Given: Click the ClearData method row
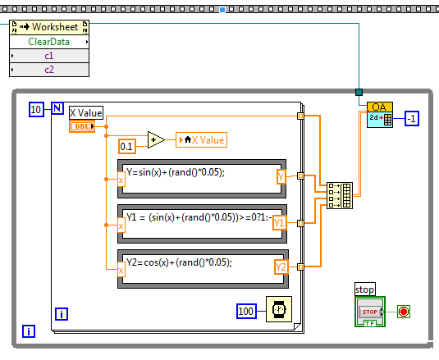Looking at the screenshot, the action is point(49,42).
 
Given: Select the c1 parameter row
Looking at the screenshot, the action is point(49,56).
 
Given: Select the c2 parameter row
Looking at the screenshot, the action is point(49,70).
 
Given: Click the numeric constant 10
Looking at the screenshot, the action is point(36,109).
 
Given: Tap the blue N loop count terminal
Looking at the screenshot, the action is point(57,108).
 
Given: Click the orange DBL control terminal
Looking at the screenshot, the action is point(82,126).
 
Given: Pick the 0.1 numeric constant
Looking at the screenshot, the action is point(127,146).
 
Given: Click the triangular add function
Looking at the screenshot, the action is point(156,139).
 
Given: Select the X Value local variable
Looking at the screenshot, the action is point(201,140).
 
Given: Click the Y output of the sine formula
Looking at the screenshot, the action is point(281,177).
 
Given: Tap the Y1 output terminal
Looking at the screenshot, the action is point(280,223).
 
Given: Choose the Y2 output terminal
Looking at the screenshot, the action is point(281,267).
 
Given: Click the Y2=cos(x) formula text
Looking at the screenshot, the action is point(179,262).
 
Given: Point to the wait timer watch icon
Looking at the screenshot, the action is point(279,309).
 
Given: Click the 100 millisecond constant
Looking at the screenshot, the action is point(246,311).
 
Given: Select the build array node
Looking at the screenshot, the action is point(340,195).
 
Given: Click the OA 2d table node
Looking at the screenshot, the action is point(380,115).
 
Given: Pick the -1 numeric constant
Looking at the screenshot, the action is point(412,119).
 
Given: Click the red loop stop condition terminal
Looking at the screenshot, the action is point(404,312).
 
